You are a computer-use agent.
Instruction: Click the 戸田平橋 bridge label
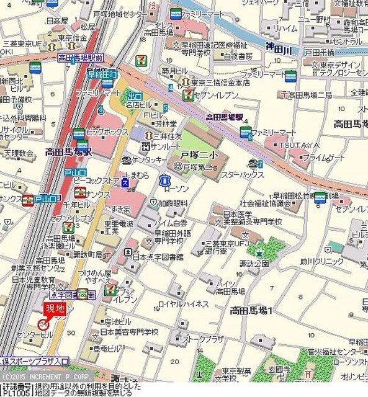pos(320,53)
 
